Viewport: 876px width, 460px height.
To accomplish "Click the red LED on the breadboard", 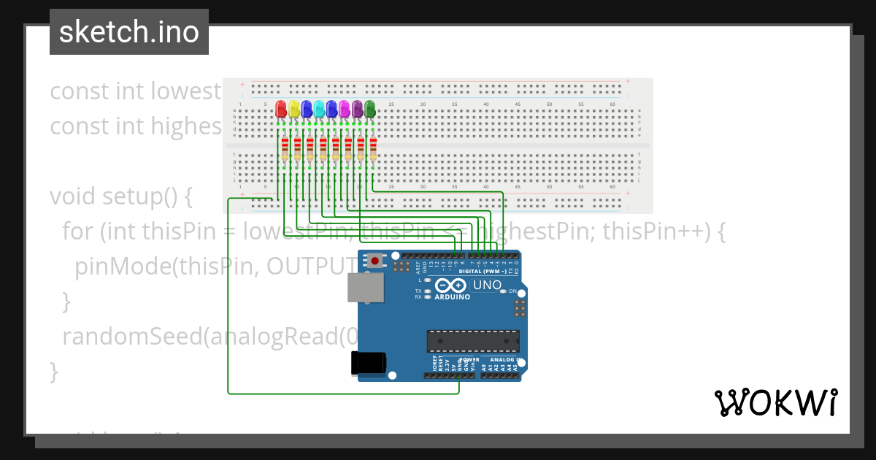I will (x=281, y=110).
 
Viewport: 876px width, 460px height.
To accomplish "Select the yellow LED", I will (x=294, y=110).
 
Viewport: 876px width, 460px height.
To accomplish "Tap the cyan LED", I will (x=320, y=110).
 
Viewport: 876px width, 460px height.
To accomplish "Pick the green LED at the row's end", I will (x=370, y=110).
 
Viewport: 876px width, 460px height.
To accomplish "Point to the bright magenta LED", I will (x=345, y=110).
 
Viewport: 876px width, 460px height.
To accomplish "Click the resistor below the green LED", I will (x=373, y=149).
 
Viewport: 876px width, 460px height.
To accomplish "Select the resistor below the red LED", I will (x=284, y=149).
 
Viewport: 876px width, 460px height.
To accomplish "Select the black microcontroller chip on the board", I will (x=473, y=341).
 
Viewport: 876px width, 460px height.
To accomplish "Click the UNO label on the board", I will (x=488, y=285).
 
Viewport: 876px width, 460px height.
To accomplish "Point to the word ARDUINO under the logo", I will (x=453, y=297).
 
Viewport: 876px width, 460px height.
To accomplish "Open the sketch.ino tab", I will (x=129, y=32).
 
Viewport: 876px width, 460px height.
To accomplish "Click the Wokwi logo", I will (x=775, y=402).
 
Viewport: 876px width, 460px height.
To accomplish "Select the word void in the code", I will (x=73, y=196).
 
